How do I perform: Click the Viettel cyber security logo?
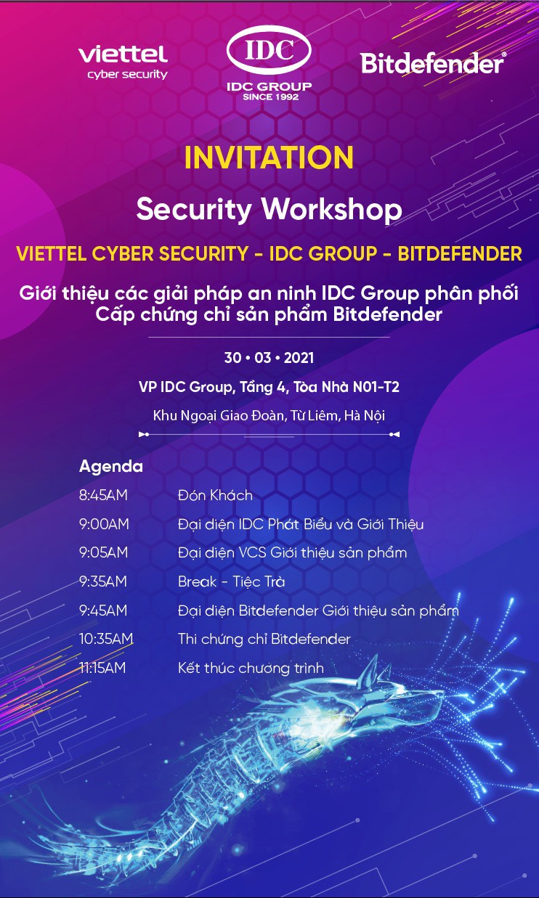pos(123,62)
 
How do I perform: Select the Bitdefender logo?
pos(433,63)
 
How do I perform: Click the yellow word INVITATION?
pos(269,158)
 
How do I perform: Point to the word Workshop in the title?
pos(331,210)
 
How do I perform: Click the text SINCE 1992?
pos(271,97)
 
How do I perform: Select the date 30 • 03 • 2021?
pos(269,358)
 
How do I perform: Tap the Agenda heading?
pos(111,467)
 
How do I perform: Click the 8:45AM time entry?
pos(103,496)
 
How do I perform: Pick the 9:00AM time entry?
pos(104,524)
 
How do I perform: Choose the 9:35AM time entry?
pos(103,581)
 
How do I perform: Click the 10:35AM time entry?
pos(106,639)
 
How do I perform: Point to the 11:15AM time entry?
pos(102,668)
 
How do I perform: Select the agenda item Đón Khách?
pos(215,496)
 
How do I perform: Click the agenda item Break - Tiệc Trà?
pos(232,581)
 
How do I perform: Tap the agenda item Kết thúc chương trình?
pos(251,668)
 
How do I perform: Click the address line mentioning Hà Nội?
pos(269,416)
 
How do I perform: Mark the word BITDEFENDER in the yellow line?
pos(460,254)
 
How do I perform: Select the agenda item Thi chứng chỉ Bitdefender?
pos(264,639)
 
